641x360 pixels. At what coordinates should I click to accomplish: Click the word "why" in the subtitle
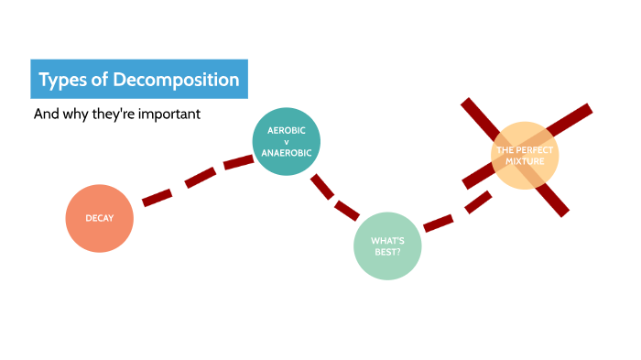pos(74,115)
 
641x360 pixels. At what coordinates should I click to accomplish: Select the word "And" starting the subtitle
pos(45,115)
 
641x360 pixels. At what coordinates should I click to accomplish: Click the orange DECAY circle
pos(99,218)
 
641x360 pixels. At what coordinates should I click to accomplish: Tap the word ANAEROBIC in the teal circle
pos(287,153)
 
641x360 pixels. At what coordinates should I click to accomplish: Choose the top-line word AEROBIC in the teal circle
pos(287,131)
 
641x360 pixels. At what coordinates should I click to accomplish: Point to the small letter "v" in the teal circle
pos(286,142)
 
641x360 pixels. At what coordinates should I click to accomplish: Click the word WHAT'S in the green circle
pos(387,241)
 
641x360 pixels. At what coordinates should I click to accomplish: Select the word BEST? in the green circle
pos(387,251)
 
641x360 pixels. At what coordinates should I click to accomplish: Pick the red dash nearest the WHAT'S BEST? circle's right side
pos(440,222)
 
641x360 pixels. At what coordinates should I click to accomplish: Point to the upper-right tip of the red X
pos(587,110)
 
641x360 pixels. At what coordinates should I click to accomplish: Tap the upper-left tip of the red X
pos(466,103)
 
